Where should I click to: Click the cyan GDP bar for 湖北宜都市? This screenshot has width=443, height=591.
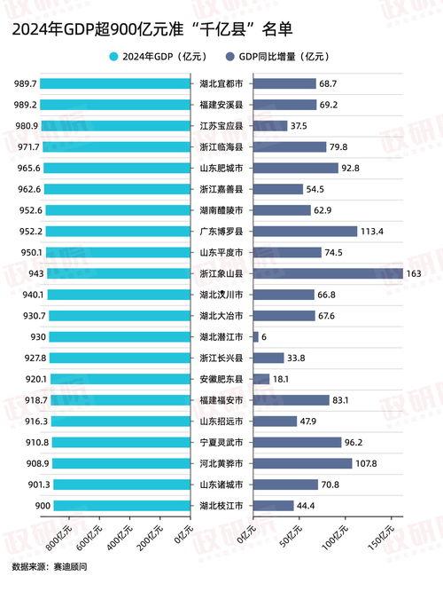pos(116,83)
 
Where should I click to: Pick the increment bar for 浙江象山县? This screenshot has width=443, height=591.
pos(328,273)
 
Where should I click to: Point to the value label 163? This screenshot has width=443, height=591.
pos(413,273)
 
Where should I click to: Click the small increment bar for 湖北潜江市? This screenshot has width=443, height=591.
pos(256,336)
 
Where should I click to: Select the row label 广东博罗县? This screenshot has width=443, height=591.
pos(221,231)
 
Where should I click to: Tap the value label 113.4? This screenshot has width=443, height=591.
pos(371,231)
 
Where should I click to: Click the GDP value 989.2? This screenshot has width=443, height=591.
pos(25,105)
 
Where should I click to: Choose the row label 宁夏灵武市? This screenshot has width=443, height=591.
pos(221,442)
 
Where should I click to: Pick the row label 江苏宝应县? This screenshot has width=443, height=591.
pos(221,125)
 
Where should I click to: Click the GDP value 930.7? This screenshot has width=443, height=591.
pos(25,316)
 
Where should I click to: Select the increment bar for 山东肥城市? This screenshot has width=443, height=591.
pos(296,168)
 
